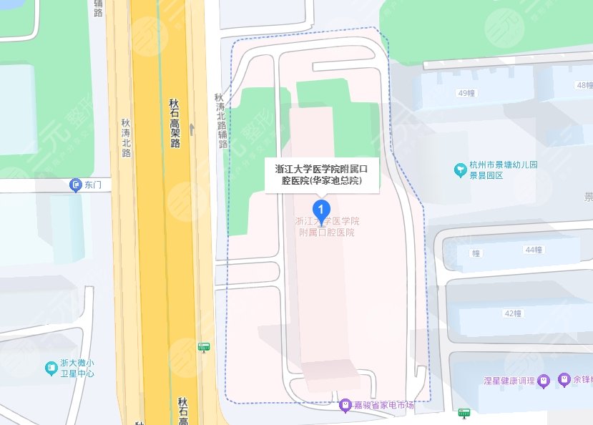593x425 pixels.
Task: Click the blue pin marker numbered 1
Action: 323,210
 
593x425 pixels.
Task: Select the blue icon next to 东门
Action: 76,185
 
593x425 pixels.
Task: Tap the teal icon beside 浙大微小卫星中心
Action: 52,368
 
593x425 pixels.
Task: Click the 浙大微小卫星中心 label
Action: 77,368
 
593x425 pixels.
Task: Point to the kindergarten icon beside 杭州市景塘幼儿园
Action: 460,170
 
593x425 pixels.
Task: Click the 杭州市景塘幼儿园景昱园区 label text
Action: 504,170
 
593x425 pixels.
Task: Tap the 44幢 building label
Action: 534,250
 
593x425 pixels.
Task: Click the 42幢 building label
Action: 513,313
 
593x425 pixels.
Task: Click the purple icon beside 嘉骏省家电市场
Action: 345,405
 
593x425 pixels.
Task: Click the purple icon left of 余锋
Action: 564,378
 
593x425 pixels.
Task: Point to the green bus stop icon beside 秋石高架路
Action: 205,347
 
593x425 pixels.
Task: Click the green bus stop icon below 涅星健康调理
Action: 464,413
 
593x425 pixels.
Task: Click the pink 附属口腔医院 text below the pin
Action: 327,233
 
